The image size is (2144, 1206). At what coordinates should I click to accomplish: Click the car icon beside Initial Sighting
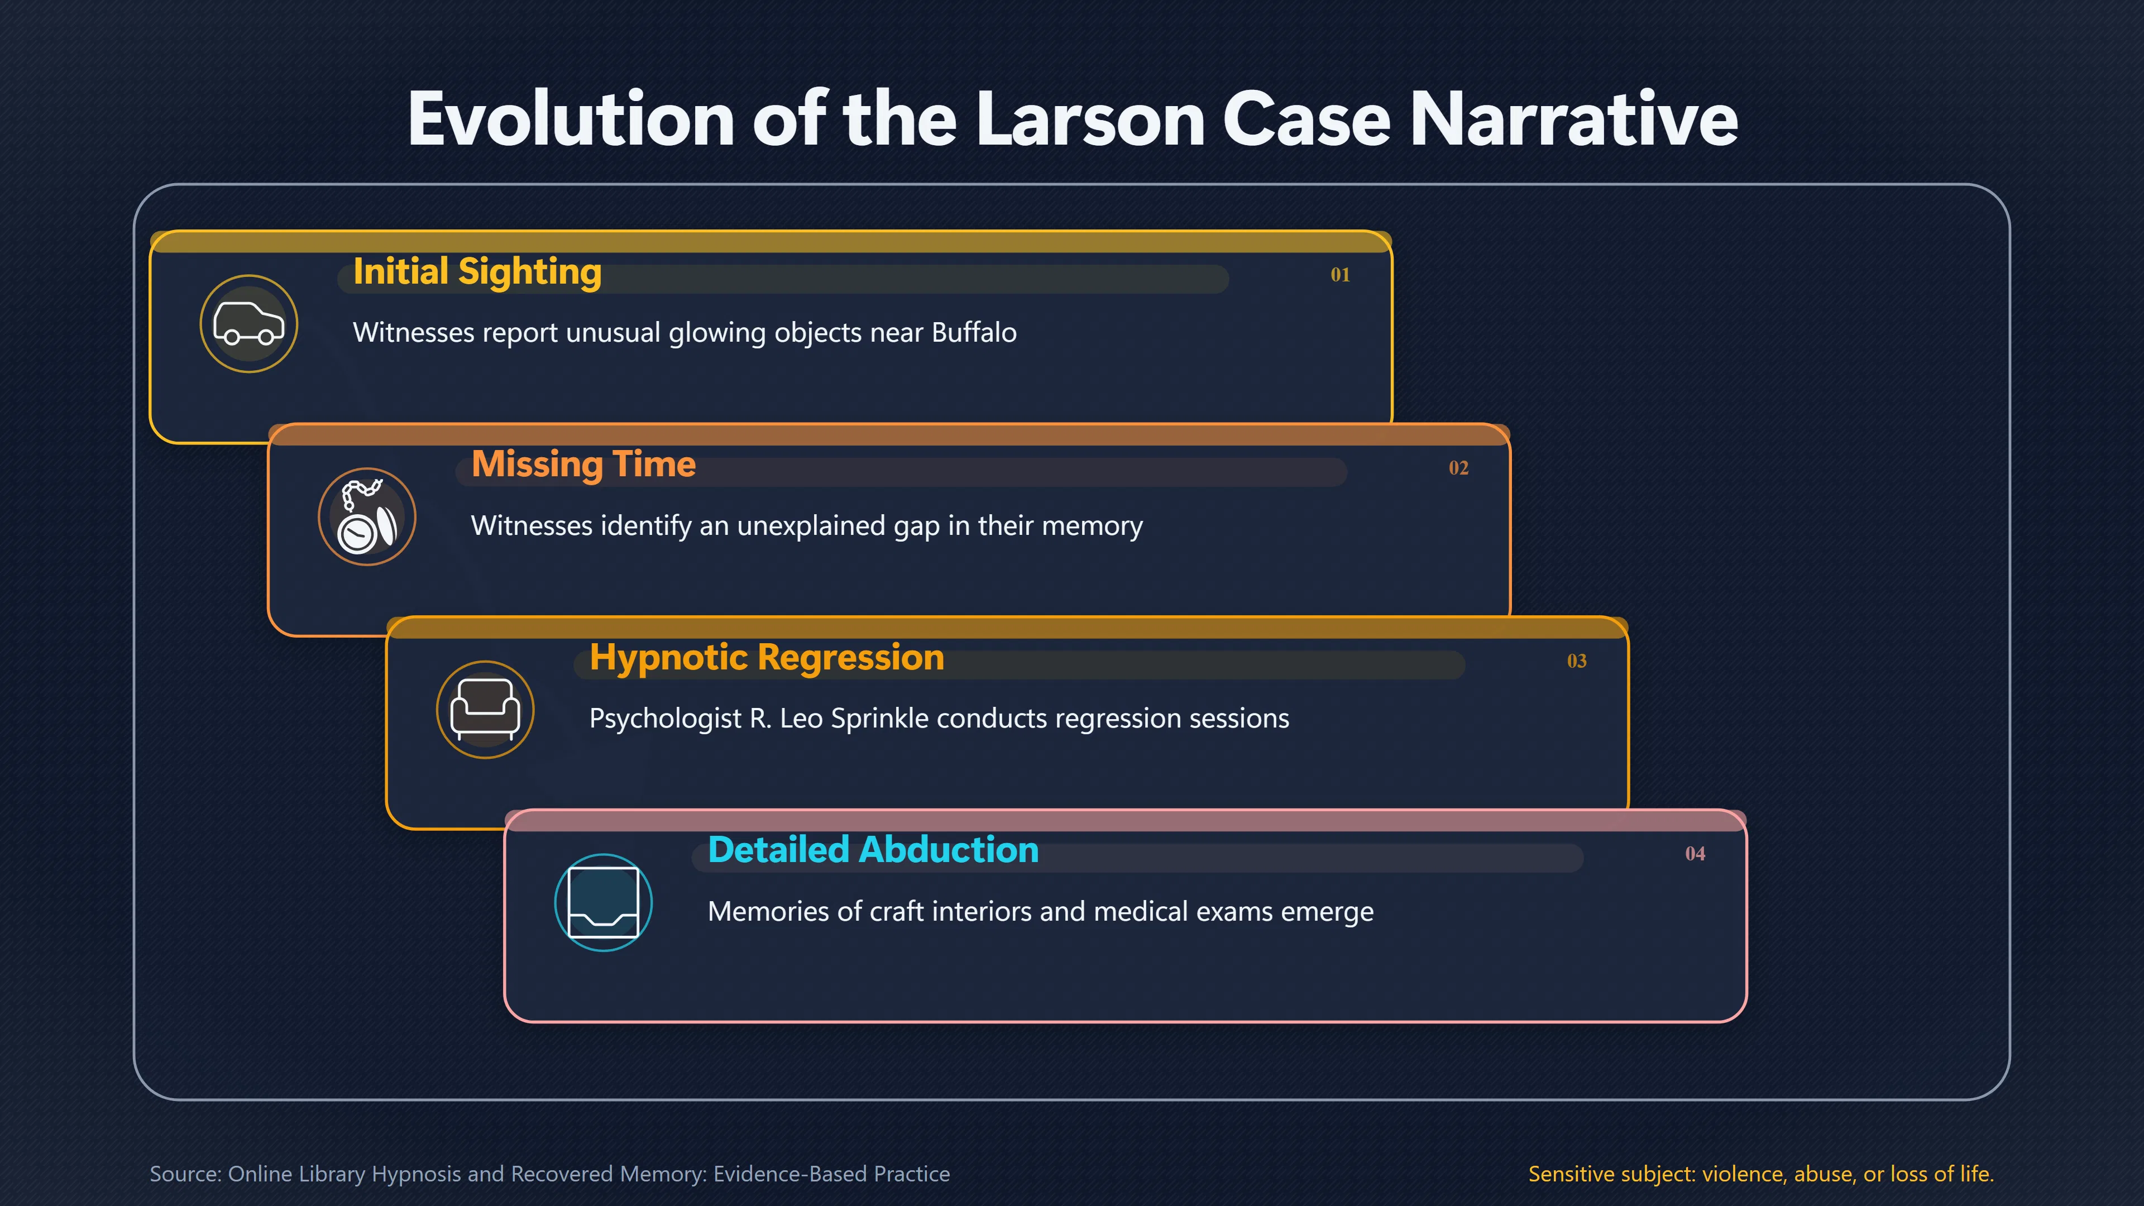coord(249,324)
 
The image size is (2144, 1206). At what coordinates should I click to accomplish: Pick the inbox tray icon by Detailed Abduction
coord(604,903)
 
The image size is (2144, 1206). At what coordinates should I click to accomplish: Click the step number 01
coord(1340,275)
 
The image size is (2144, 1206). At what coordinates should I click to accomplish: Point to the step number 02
coord(1458,468)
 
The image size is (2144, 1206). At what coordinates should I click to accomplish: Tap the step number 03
coord(1576,661)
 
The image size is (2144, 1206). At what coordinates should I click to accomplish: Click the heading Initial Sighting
coord(477,272)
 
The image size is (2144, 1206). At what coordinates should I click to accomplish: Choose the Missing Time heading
coord(583,465)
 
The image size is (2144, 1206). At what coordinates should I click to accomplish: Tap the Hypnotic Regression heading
coord(767,658)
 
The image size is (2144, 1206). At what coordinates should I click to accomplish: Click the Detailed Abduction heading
coord(873,850)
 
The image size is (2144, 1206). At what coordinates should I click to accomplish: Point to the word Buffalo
coord(974,332)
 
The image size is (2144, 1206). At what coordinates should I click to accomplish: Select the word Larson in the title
coord(1089,119)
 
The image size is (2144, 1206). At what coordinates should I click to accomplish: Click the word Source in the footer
coord(185,1174)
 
